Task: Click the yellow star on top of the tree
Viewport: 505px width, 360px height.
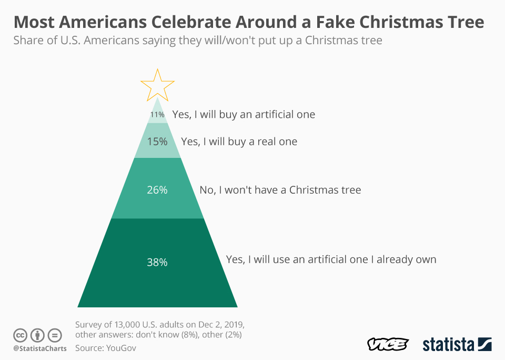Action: pos(157,84)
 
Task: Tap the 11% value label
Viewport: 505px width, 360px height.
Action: pos(157,114)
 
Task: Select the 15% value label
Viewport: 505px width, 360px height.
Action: pos(157,142)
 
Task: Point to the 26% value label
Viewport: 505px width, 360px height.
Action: pos(157,190)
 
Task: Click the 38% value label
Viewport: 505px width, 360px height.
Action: pos(157,262)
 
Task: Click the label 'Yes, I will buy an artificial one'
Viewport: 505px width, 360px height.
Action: pos(244,114)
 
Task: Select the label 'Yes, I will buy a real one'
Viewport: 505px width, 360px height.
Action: pos(239,142)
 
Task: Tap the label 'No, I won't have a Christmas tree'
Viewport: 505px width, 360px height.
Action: pos(280,190)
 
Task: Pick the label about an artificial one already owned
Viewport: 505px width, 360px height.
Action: pos(331,259)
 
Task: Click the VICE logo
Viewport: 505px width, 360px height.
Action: pos(388,345)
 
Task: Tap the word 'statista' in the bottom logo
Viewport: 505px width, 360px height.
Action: pos(448,345)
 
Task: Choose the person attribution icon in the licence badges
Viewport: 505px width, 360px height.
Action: pos(38,335)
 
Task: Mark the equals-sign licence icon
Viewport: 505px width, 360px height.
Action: pos(55,335)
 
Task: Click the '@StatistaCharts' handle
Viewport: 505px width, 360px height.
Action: pos(40,348)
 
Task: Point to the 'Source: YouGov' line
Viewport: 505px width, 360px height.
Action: pos(106,347)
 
